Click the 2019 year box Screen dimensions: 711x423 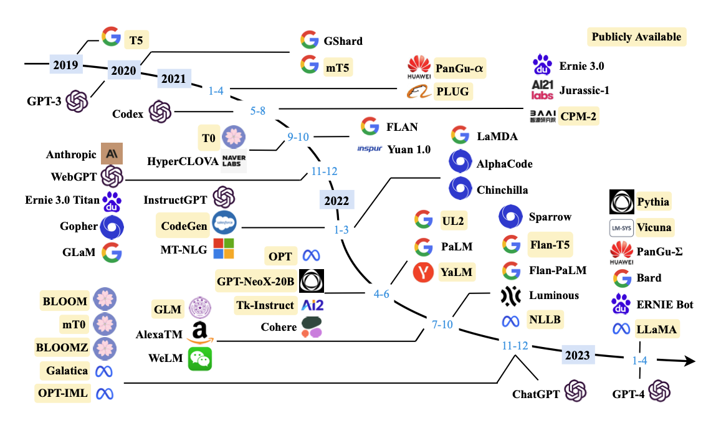click(66, 64)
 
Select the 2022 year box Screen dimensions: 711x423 click(336, 201)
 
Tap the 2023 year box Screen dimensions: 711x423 click(577, 354)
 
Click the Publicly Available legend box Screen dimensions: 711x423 click(637, 37)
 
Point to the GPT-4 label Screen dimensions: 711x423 click(629, 394)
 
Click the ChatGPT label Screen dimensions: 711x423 click(535, 394)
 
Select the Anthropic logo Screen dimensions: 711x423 click(112, 154)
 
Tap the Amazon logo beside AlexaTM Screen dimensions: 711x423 click(199, 333)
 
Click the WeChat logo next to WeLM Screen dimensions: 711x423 click(200, 359)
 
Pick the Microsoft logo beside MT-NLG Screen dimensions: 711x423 click(224, 249)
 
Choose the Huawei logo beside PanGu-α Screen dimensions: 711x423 click(419, 67)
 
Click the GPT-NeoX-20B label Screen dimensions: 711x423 click(255, 282)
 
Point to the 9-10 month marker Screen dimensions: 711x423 click(298, 137)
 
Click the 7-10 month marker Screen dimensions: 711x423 click(442, 325)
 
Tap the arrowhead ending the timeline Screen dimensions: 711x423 click(689, 361)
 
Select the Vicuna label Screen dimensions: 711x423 click(654, 227)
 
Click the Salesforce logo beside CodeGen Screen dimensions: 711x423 click(224, 222)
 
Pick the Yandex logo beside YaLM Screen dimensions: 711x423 click(424, 272)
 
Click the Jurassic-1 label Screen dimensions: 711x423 click(584, 90)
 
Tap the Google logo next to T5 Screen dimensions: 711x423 click(111, 37)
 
